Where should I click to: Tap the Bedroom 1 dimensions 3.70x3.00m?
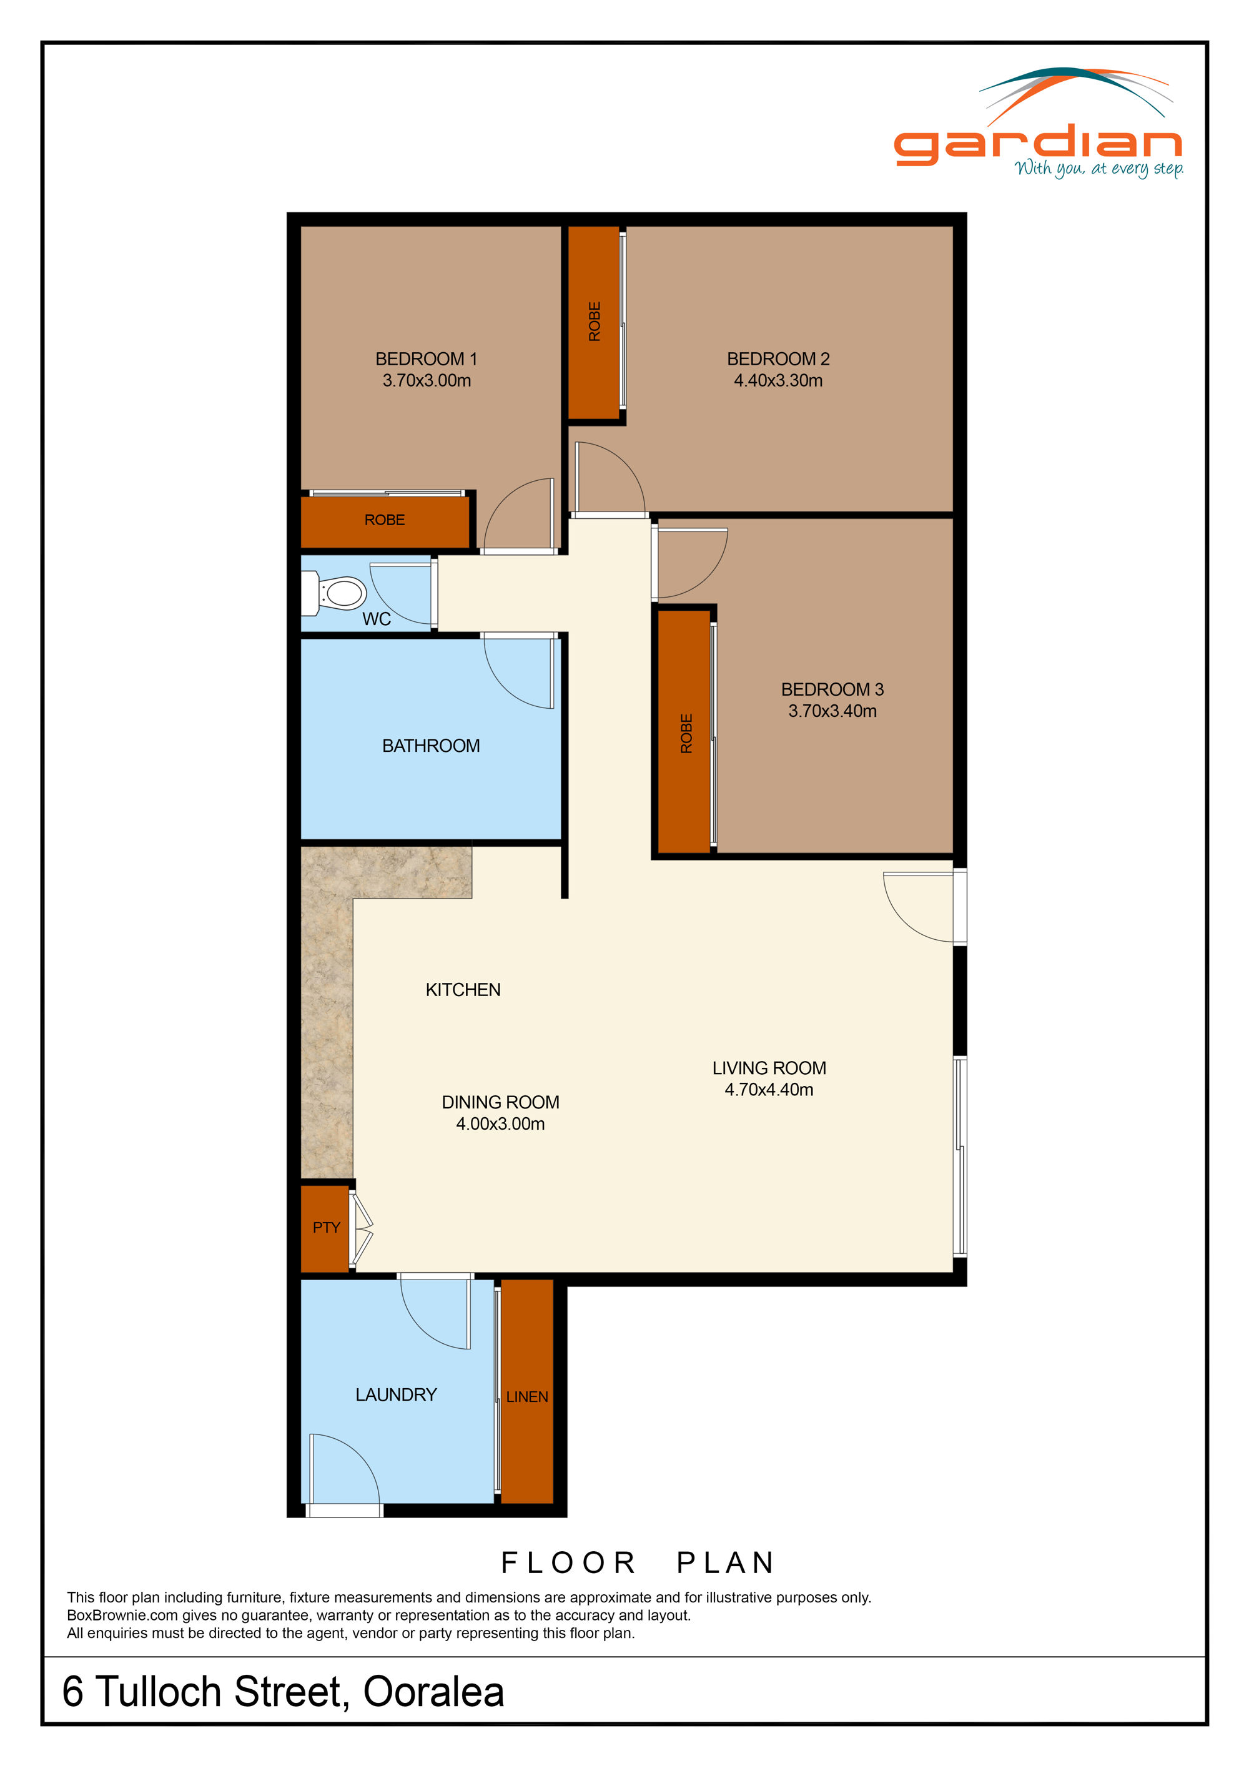(427, 381)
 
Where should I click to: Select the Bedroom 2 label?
(778, 359)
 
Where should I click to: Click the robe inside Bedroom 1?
(385, 521)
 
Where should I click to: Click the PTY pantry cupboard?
(326, 1228)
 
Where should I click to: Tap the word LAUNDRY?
(396, 1394)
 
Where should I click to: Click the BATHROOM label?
(431, 746)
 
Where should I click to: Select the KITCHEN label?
(463, 990)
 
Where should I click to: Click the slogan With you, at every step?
(1098, 169)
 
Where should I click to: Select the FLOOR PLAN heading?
(638, 1563)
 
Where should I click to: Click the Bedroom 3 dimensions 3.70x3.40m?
(832, 711)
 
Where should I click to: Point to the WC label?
(377, 619)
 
